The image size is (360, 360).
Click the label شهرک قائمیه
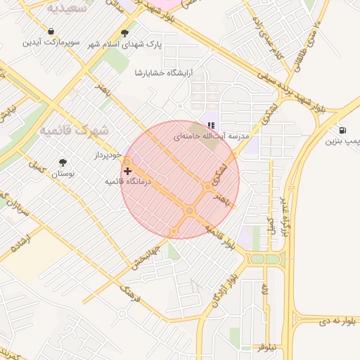point(73,131)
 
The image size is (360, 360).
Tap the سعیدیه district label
point(67,8)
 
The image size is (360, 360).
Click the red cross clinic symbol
point(127,171)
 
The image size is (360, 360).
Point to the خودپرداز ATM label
point(108,155)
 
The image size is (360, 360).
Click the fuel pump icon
point(342,130)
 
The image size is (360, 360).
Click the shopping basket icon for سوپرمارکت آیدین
point(51,32)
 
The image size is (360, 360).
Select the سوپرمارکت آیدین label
point(50,43)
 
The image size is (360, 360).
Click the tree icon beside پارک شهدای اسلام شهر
point(125,32)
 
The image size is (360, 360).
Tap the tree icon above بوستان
point(63,161)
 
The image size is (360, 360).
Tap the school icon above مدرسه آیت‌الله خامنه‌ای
point(211,125)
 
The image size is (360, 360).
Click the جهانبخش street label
point(148,257)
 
